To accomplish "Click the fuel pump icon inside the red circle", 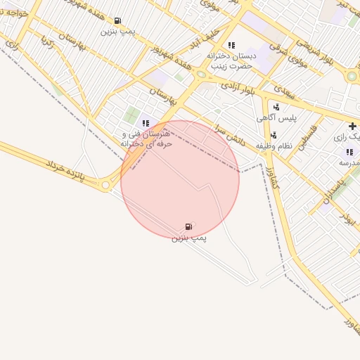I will click(x=188, y=226).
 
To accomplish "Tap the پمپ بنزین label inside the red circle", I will click(x=188, y=238).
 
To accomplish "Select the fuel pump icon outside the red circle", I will click(x=117, y=21).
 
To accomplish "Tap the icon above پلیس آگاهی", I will click(x=276, y=107).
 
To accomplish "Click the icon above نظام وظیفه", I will click(x=273, y=135).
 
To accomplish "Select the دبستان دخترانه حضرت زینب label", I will click(x=234, y=60).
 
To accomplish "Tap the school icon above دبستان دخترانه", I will click(x=231, y=46).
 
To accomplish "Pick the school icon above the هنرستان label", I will click(x=146, y=123).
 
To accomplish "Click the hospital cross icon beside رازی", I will click(x=352, y=126).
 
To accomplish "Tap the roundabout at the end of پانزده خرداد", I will click(x=105, y=185).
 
